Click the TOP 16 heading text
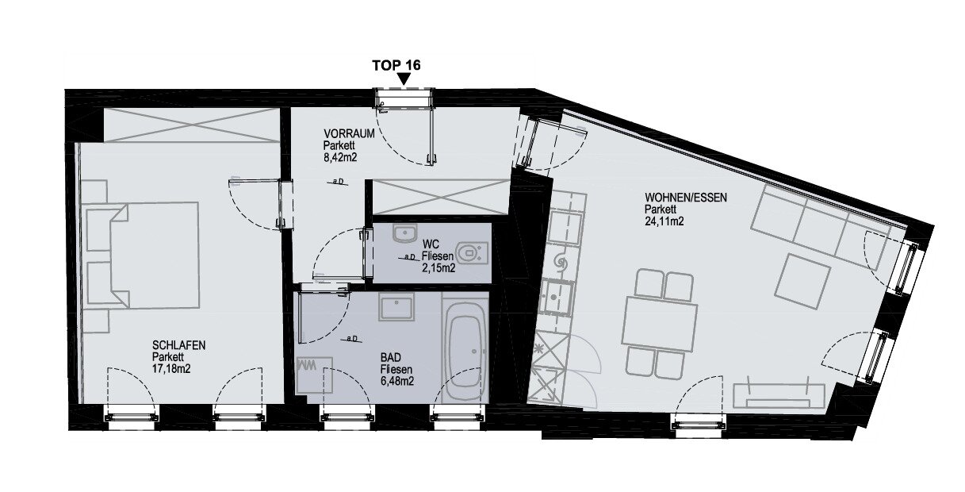tap(396, 65)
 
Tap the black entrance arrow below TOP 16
tap(404, 79)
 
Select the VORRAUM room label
tap(349, 133)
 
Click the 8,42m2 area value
tap(340, 157)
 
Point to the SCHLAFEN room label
tap(178, 345)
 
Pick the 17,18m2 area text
tap(171, 369)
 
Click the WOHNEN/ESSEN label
tap(686, 198)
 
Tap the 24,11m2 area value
tap(664, 221)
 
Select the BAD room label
tap(391, 357)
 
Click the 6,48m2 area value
tap(397, 381)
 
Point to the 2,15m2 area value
tap(438, 268)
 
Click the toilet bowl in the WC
tap(471, 253)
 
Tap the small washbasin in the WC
tap(405, 233)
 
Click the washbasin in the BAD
tap(396, 307)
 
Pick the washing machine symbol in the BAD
tap(314, 375)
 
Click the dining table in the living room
tap(660, 324)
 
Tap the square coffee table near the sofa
tap(802, 281)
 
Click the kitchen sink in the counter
tap(557, 297)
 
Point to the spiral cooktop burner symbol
tap(561, 260)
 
